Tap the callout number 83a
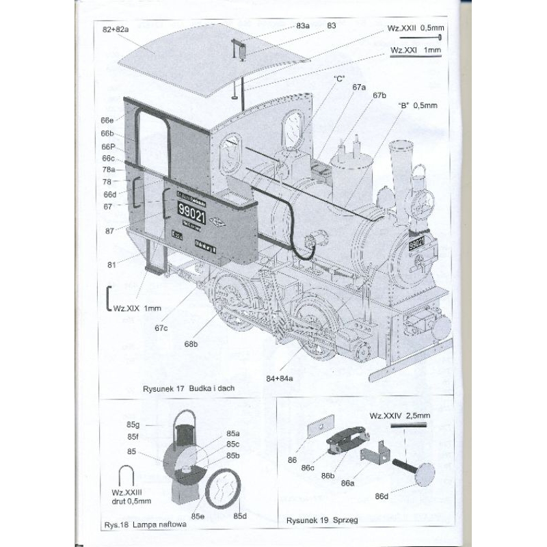click(x=303, y=26)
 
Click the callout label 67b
click(x=379, y=95)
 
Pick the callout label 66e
click(x=107, y=121)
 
